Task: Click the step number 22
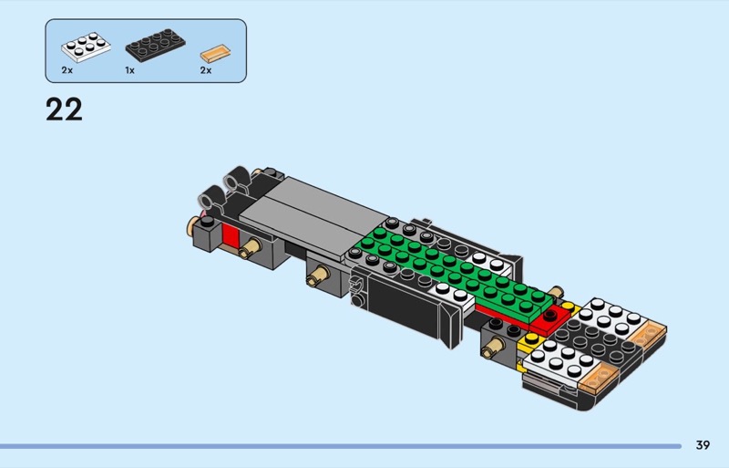[64, 109]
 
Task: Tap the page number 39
[703, 445]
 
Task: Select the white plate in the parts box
[86, 47]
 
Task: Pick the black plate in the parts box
[155, 46]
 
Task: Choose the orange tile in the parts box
[215, 53]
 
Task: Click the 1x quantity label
[129, 70]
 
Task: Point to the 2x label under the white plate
[67, 70]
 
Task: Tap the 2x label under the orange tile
[206, 70]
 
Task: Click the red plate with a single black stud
[550, 320]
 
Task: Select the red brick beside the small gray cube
[231, 234]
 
